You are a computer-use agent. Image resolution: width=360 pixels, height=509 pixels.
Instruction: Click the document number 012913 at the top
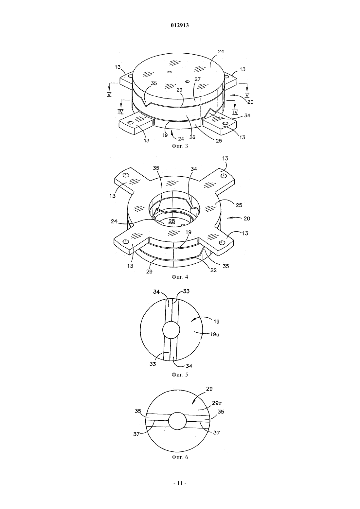point(180,26)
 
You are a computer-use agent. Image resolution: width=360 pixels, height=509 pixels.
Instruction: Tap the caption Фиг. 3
point(180,146)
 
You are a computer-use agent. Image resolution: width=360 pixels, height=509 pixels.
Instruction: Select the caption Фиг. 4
point(180,277)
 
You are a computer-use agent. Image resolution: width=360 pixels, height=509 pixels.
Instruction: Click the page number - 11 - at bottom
point(180,490)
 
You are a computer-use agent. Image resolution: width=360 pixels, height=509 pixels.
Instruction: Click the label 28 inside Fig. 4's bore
point(171,221)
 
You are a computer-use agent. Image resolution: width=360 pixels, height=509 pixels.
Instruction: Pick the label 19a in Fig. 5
point(215,335)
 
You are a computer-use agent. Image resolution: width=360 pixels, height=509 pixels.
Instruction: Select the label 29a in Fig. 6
point(217,403)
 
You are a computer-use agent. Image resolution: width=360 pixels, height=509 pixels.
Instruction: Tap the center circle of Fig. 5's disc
point(171,329)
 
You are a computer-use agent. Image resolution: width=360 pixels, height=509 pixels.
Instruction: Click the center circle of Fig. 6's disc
point(177,421)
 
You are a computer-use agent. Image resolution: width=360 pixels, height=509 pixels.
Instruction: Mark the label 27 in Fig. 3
point(197,79)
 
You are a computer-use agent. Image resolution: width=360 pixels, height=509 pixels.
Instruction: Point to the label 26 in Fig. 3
point(192,137)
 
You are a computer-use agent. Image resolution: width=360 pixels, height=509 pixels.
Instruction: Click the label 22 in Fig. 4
point(213,270)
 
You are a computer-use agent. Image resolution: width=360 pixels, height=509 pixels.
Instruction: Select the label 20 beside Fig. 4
point(247,219)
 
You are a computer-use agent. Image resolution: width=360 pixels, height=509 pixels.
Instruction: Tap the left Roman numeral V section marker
point(109,94)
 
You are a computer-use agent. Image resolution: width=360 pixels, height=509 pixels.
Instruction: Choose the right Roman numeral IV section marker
point(235,112)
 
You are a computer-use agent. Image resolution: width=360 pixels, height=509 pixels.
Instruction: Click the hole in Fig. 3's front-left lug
point(131,123)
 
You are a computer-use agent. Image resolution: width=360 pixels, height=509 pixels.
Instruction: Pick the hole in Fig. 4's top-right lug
point(223,176)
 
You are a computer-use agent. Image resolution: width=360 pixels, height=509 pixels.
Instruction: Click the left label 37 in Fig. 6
point(136,434)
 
